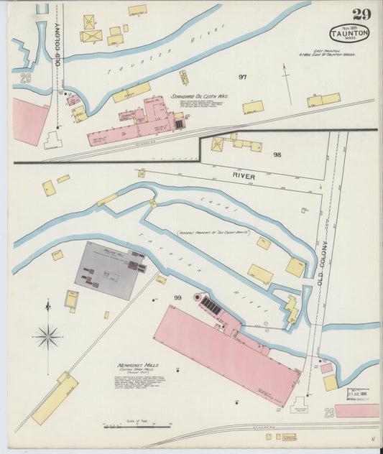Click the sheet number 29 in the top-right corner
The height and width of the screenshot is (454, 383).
point(361,14)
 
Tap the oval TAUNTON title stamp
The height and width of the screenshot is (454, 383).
point(349,33)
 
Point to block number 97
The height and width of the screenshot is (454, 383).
point(243,77)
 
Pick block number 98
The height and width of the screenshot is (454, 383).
point(277,154)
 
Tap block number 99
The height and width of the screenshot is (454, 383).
point(177,297)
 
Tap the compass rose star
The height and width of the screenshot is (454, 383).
point(48,335)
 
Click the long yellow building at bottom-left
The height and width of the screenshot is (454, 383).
point(55,398)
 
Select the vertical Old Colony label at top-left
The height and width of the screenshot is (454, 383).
point(57,47)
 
